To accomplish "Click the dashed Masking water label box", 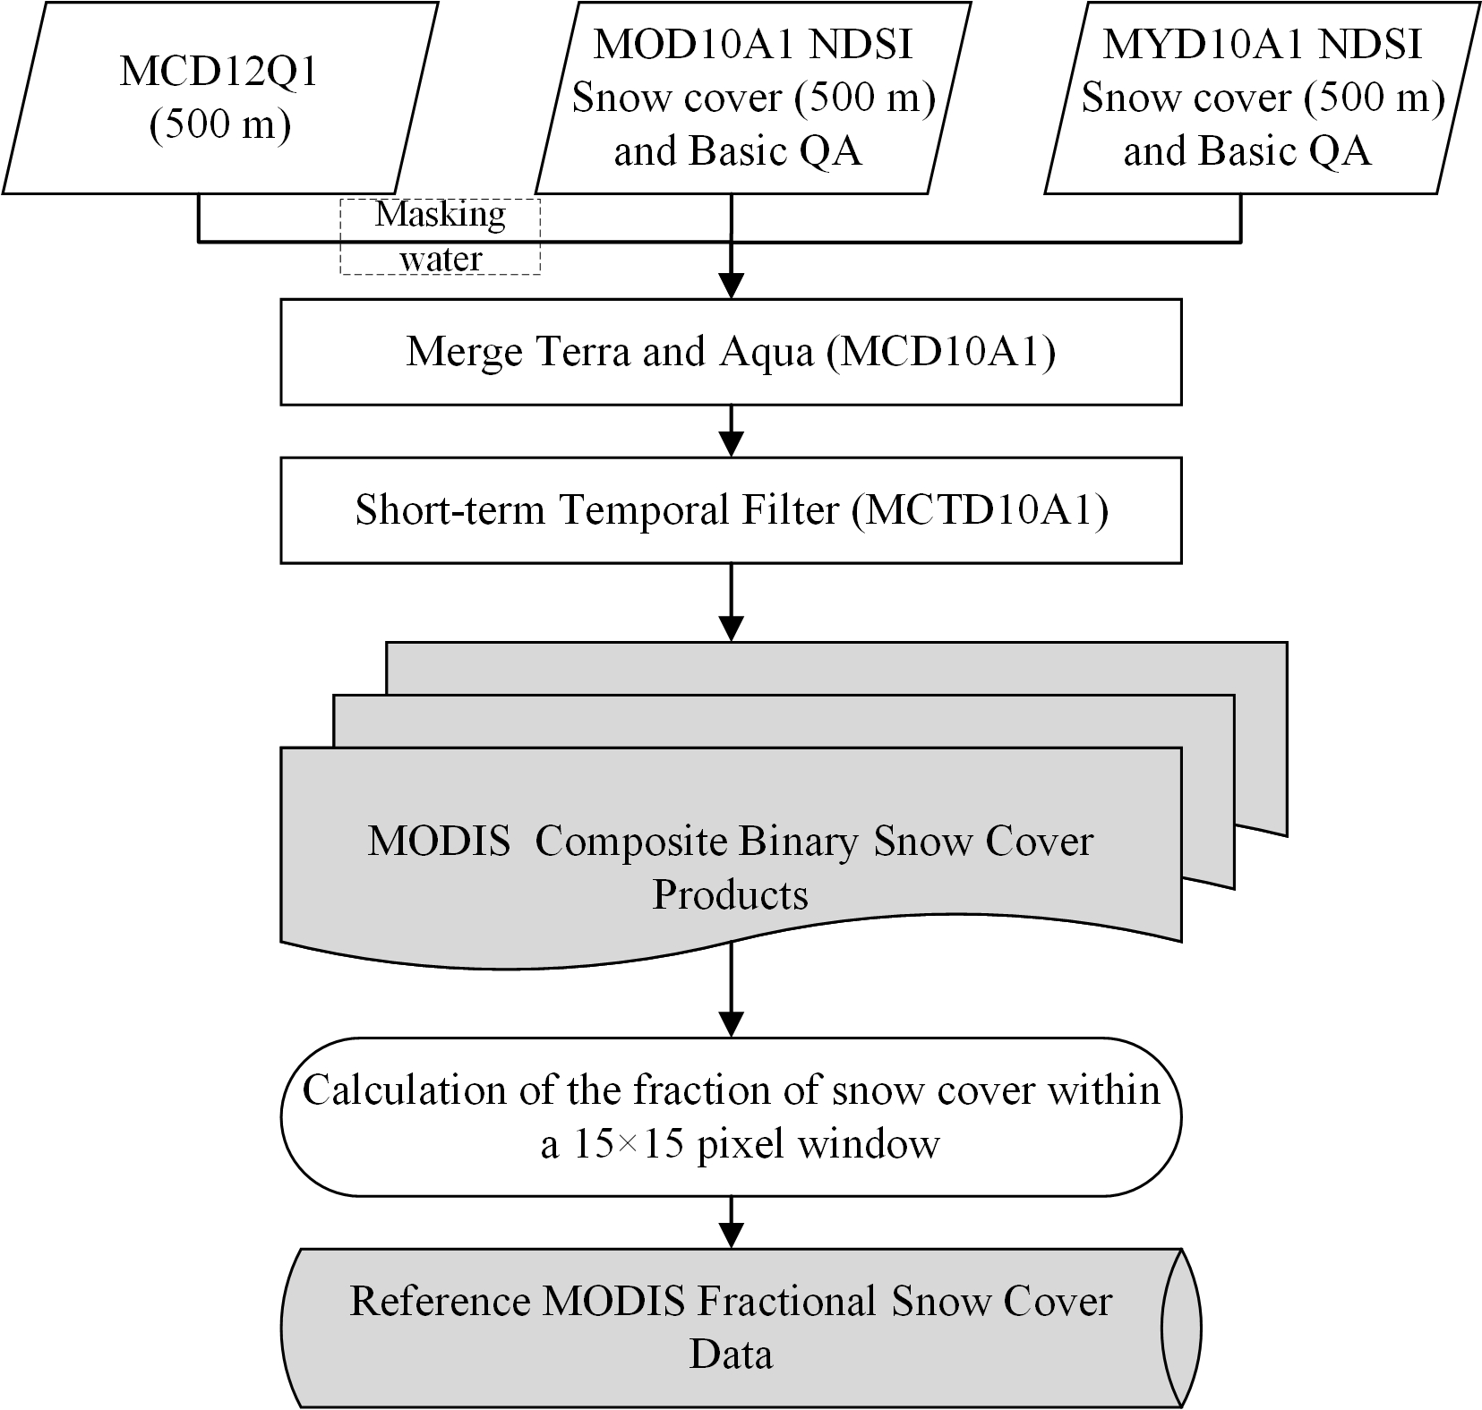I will pos(440,236).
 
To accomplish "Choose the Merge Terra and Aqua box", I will pos(731,352).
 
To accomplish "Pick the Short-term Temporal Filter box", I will pos(731,510).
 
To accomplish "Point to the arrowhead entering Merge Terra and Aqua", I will pos(732,286).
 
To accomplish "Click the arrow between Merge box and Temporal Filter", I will pos(732,432).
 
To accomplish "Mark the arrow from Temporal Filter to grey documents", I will pos(732,602).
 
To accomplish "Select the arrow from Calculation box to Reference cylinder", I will pos(732,1222).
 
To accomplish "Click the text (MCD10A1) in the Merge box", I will pos(940,352).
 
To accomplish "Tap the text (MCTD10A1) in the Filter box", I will pos(980,510).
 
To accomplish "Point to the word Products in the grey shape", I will pos(730,894).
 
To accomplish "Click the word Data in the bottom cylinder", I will pos(731,1354).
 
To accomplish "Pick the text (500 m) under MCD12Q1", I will pos(219,125).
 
